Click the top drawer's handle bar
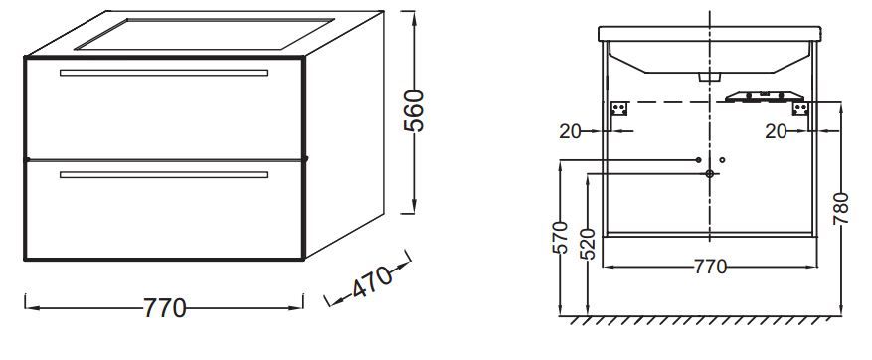(163, 73)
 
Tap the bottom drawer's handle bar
(163, 175)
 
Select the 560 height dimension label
(414, 110)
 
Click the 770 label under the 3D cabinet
(165, 308)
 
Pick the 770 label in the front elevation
(710, 268)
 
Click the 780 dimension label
(841, 209)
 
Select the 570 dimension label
(562, 237)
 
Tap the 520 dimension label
(590, 245)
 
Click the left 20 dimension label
(570, 131)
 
